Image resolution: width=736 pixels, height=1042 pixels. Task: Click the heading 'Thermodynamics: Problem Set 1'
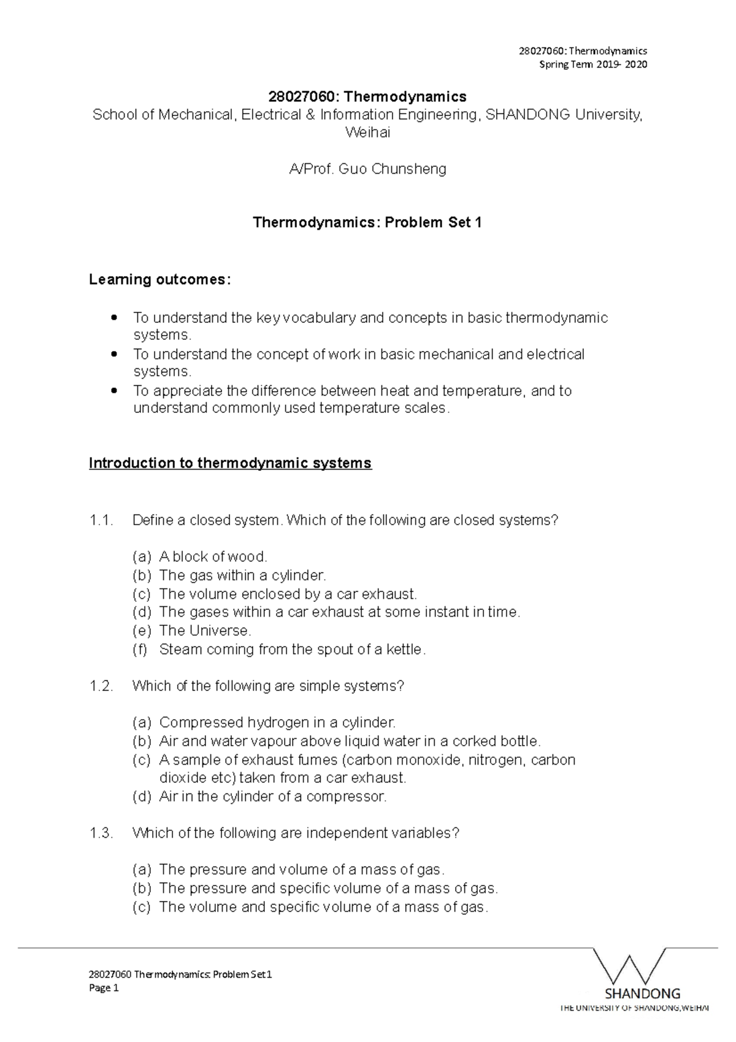click(367, 223)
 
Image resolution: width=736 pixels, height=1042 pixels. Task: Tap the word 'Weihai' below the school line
click(367, 132)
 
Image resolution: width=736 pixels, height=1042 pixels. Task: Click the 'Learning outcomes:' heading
click(160, 280)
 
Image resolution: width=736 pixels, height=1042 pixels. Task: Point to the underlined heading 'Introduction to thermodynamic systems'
click(230, 463)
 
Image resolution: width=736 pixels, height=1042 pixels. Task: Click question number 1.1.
click(101, 520)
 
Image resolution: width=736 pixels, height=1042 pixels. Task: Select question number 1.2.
click(101, 686)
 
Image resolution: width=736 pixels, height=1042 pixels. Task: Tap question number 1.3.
click(101, 833)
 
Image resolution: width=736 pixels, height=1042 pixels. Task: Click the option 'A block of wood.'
click(213, 557)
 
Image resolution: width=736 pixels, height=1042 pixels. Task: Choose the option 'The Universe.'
click(205, 631)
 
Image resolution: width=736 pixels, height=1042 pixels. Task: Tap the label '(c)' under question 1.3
click(141, 907)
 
